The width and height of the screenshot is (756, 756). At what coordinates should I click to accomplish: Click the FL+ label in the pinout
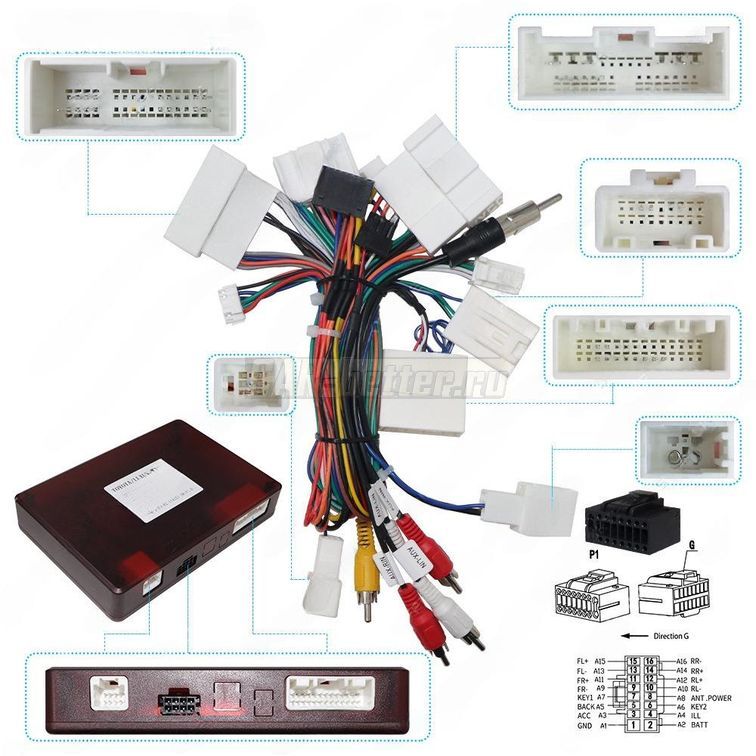tap(584, 662)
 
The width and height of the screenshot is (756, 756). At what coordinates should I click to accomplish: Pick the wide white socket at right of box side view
tap(329, 692)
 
